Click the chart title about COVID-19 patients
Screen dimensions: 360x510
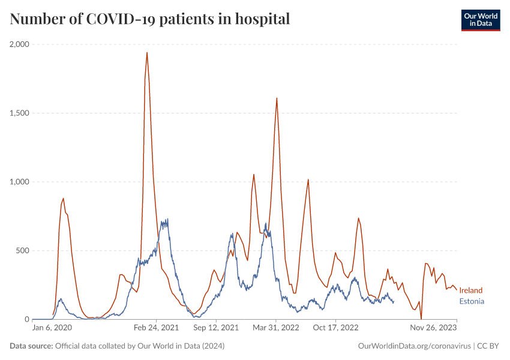point(150,19)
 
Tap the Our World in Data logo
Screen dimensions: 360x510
point(480,20)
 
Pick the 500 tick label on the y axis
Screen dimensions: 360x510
point(25,251)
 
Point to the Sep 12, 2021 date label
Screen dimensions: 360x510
point(216,328)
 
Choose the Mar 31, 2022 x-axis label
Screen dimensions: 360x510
point(276,328)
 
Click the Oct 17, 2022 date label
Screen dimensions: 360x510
point(335,328)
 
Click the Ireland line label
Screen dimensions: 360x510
point(471,290)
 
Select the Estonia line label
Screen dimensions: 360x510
point(472,301)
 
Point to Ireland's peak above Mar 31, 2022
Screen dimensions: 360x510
point(277,98)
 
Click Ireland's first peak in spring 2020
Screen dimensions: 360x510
point(63,199)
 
